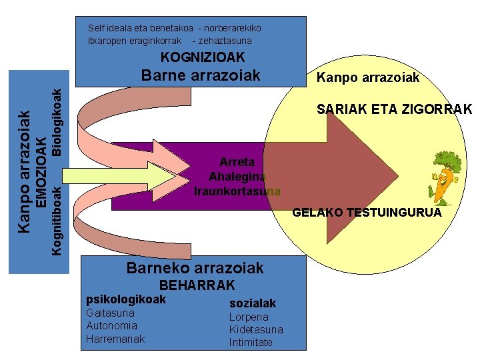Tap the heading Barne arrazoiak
coord(201,75)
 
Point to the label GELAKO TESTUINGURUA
coord(367,213)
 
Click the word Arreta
coord(237,161)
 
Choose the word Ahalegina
coord(237,177)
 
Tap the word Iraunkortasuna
coord(237,191)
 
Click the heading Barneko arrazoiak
coord(195,268)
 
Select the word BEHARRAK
coord(197,285)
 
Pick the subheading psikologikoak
coord(126,299)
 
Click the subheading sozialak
coord(252,303)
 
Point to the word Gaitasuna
coord(110,313)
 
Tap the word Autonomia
coord(111,325)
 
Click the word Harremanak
coord(115,339)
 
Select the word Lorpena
coord(249,317)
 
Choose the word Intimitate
coord(251,342)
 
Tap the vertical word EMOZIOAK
coord(41,173)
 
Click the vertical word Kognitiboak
coord(57,219)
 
